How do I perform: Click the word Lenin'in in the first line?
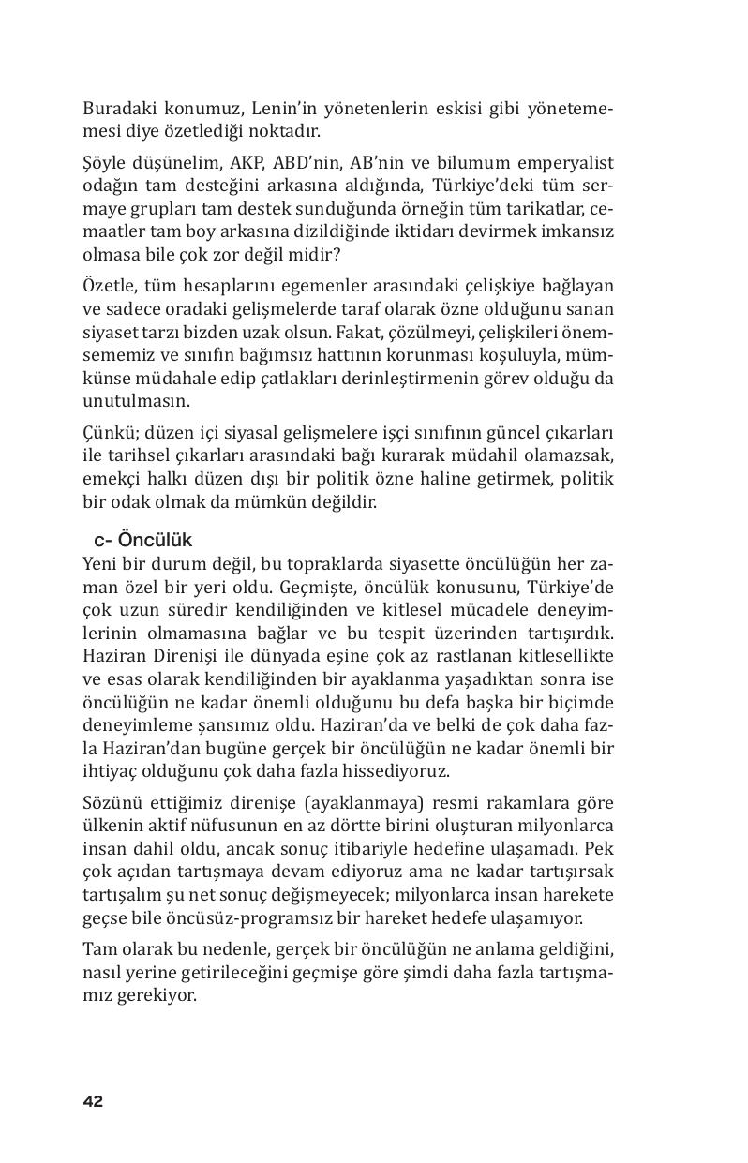click(286, 109)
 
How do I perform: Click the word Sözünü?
click(110, 803)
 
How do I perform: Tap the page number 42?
click(93, 1101)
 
